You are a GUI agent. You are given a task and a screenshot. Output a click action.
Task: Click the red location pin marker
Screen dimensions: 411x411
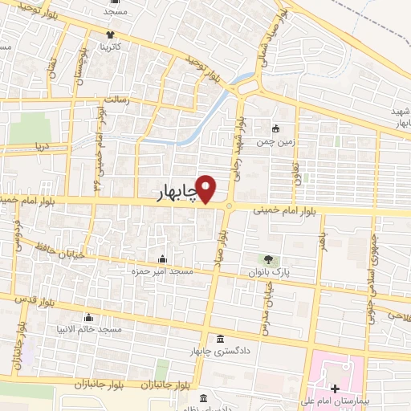coord(207,189)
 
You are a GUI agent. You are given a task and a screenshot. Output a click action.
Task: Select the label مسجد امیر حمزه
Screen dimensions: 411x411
coord(164,272)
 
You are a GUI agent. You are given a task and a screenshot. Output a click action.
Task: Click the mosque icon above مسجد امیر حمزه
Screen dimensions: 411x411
coord(164,258)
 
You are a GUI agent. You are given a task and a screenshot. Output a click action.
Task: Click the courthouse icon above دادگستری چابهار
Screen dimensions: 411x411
coord(220,337)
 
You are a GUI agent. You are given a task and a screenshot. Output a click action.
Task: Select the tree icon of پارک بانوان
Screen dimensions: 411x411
coord(268,259)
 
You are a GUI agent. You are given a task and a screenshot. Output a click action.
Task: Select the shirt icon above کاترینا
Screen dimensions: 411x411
coord(111,35)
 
